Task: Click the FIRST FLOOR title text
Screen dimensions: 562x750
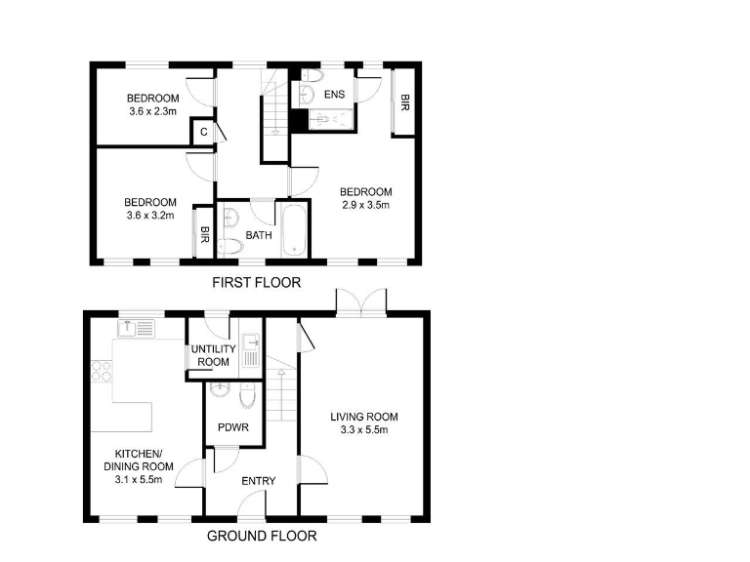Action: [x=257, y=283]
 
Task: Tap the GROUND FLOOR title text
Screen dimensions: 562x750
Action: [x=262, y=536]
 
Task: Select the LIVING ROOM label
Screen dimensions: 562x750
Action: [x=363, y=422]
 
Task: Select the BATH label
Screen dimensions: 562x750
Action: [x=259, y=235]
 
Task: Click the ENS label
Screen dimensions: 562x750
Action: [x=334, y=95]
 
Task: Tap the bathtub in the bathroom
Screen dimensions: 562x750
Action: [x=293, y=230]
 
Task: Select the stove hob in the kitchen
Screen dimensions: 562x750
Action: [x=101, y=371]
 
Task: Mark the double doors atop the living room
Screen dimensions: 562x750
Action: [x=361, y=302]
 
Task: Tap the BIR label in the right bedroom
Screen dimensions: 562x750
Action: [x=403, y=101]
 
